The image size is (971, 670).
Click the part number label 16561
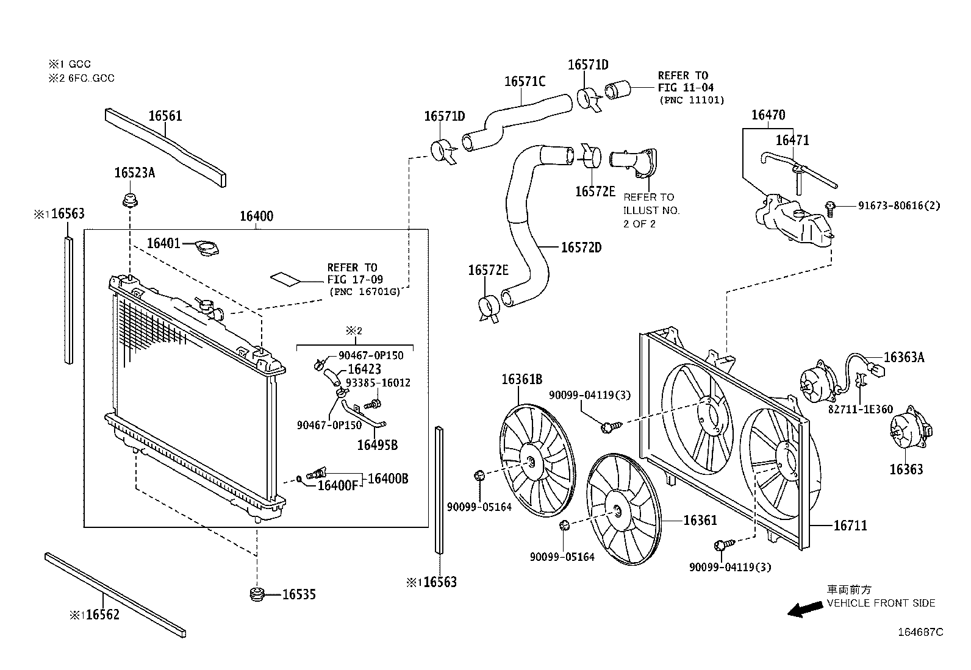coord(165,116)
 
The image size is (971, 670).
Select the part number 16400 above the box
coord(257,216)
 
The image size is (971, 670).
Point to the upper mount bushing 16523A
coord(130,201)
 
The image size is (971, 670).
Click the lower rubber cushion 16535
coord(257,594)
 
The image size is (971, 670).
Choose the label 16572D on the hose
coord(581,248)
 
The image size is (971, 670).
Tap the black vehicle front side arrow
coord(805,609)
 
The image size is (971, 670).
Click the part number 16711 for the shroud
coord(850,526)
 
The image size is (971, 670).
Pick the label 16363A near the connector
coord(904,357)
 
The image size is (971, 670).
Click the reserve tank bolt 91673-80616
coord(831,209)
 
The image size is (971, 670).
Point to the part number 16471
coord(792,140)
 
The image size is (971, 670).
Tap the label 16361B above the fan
coord(522,380)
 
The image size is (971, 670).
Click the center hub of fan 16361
coord(617,511)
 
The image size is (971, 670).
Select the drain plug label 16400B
coord(388,479)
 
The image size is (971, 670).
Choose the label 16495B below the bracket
coord(377,445)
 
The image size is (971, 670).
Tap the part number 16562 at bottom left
coord(102,615)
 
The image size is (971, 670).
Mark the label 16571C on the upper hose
coord(525,82)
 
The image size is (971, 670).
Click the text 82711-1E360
coord(861,410)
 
